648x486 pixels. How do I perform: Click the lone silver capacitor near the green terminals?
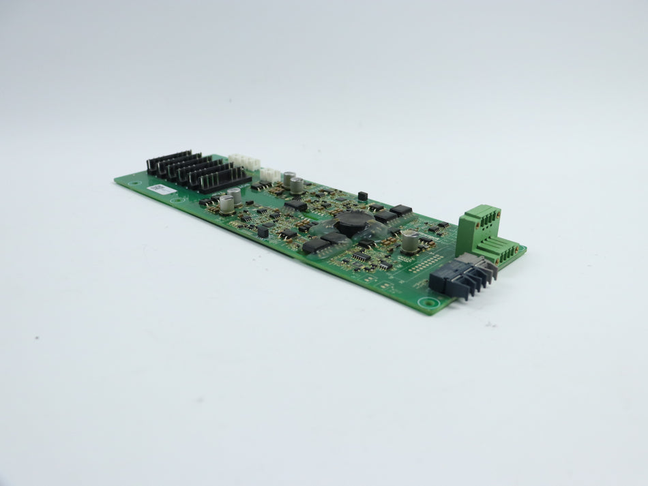(409, 240)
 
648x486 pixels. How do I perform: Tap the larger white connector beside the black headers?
(244, 162)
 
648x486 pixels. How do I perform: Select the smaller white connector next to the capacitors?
(270, 174)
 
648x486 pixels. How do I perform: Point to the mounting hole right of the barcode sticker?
(179, 200)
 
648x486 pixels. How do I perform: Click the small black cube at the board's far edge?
(362, 196)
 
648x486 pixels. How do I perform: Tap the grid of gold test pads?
(423, 263)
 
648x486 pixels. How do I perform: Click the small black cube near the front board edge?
(263, 232)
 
